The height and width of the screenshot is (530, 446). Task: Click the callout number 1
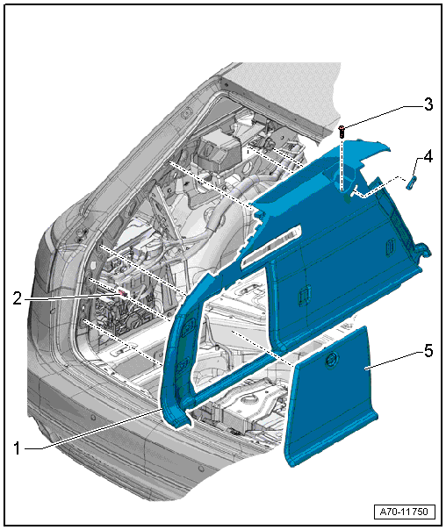click(x=17, y=449)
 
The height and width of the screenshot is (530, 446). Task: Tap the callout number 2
click(x=18, y=298)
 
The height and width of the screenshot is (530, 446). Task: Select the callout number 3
click(x=428, y=104)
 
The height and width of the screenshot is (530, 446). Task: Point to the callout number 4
click(x=428, y=157)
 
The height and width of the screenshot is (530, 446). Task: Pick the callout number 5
click(x=428, y=350)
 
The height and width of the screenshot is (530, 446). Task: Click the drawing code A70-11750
click(x=404, y=512)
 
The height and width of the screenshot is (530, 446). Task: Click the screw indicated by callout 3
click(x=342, y=131)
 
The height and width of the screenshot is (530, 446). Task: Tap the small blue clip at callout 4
click(x=411, y=183)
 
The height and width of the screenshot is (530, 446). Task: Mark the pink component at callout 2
click(x=123, y=293)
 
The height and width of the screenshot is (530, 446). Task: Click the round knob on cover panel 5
click(x=331, y=360)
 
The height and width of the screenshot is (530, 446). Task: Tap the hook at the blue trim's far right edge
click(x=424, y=250)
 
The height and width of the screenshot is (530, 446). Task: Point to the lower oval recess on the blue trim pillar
click(x=183, y=366)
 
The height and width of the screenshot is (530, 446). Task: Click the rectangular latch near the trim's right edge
click(x=390, y=246)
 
